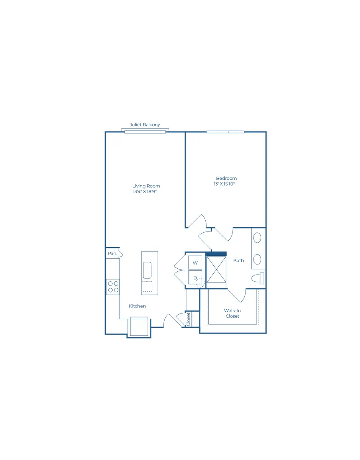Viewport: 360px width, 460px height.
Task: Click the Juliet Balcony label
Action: tap(145, 125)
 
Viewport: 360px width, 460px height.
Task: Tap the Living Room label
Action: tap(146, 186)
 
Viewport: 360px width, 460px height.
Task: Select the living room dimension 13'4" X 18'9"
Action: tap(145, 192)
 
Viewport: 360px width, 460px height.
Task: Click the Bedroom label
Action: tap(226, 178)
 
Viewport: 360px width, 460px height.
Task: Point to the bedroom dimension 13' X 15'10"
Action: tap(224, 184)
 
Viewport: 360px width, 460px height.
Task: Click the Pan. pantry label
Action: tap(112, 253)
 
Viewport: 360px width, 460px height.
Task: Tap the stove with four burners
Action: tap(113, 287)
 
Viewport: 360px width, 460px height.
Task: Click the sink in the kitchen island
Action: tap(147, 270)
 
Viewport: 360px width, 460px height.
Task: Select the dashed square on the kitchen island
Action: tap(147, 286)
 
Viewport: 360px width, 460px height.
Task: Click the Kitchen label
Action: tap(137, 306)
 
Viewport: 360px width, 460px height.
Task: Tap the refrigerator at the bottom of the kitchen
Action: tap(139, 326)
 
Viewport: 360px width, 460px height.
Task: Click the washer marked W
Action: tap(195, 263)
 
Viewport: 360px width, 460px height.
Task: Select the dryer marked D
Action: tap(195, 278)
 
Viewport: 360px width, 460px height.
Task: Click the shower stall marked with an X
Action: tap(216, 269)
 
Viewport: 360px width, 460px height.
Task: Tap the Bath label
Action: tap(239, 261)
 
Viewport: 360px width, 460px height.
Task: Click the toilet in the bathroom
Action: tap(258, 278)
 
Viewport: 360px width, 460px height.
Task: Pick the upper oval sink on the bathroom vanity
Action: tap(257, 238)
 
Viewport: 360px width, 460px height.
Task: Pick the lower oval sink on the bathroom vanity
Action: tap(257, 259)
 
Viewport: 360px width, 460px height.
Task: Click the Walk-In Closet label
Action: tap(232, 313)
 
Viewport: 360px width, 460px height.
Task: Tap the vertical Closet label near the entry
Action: tap(188, 319)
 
